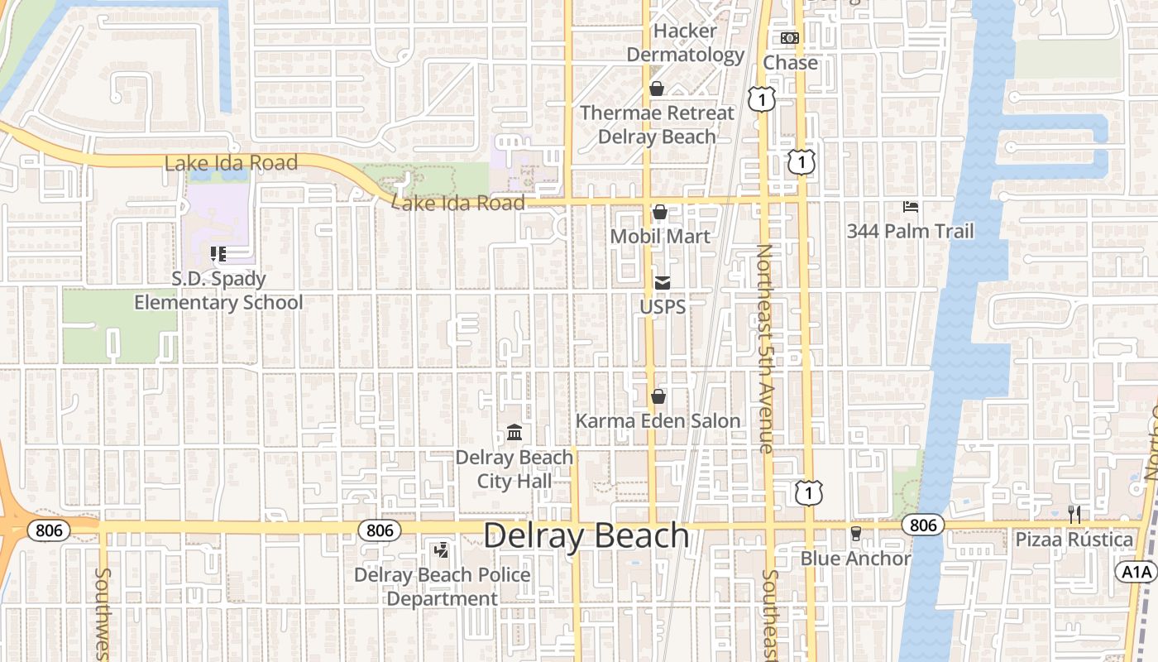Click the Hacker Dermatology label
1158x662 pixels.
pyautogui.click(x=685, y=43)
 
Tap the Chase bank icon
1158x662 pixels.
pyautogui.click(x=790, y=38)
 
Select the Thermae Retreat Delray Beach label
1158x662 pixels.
pyautogui.click(x=657, y=125)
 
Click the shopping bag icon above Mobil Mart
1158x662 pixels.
pyautogui.click(x=660, y=213)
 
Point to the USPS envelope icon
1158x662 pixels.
pyautogui.click(x=663, y=283)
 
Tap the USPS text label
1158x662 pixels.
pyautogui.click(x=663, y=307)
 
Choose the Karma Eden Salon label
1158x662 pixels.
pyautogui.click(x=658, y=421)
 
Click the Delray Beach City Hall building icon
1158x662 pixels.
pyautogui.click(x=514, y=432)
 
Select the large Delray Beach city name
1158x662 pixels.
pyautogui.click(x=586, y=536)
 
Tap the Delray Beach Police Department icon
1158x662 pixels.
pyautogui.click(x=442, y=549)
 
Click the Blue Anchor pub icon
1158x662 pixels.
pyautogui.click(x=855, y=534)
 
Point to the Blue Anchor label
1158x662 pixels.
pyautogui.click(x=855, y=559)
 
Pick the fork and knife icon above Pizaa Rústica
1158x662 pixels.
pyautogui.click(x=1074, y=515)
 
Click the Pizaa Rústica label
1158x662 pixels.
pyautogui.click(x=1074, y=540)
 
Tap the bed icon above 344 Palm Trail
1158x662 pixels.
pyautogui.click(x=910, y=207)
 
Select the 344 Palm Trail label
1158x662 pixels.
pyautogui.click(x=910, y=232)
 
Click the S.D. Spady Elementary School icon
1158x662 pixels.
pyautogui.click(x=218, y=254)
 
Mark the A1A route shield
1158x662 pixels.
pyautogui.click(x=1135, y=572)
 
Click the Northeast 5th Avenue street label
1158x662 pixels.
pyautogui.click(x=765, y=348)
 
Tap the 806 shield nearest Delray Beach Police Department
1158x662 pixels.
pyautogui.click(x=380, y=530)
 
